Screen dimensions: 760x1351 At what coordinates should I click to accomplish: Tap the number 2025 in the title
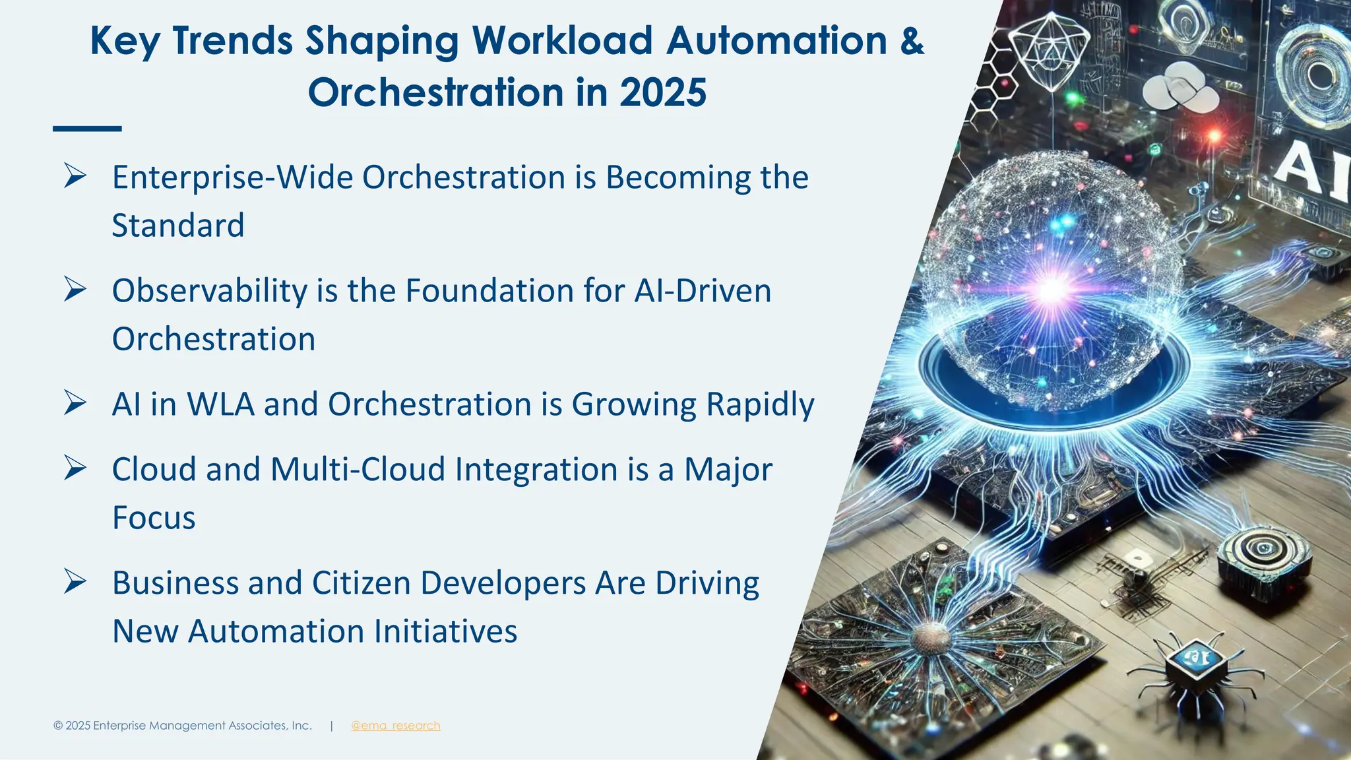pyautogui.click(x=662, y=92)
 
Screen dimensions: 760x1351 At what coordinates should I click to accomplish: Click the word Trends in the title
pyautogui.click(x=232, y=41)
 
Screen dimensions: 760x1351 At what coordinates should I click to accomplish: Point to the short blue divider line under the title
pyautogui.click(x=87, y=129)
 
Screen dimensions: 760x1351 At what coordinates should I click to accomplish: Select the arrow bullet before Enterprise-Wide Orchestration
pyautogui.click(x=75, y=176)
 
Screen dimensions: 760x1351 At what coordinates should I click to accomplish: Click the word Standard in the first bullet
pyautogui.click(x=178, y=226)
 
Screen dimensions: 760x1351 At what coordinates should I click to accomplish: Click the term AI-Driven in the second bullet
pyautogui.click(x=703, y=291)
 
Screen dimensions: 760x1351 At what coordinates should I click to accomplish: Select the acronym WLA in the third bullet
pyautogui.click(x=220, y=404)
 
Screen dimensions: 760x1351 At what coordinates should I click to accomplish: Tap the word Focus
pyautogui.click(x=154, y=518)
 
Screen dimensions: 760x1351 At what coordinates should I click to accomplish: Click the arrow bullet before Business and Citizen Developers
pyautogui.click(x=75, y=582)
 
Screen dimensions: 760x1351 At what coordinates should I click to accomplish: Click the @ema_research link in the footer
pyautogui.click(x=395, y=726)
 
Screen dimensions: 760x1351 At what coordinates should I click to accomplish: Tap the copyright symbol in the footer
pyautogui.click(x=58, y=726)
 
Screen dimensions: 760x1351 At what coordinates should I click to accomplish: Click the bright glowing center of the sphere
pyautogui.click(x=1051, y=288)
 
